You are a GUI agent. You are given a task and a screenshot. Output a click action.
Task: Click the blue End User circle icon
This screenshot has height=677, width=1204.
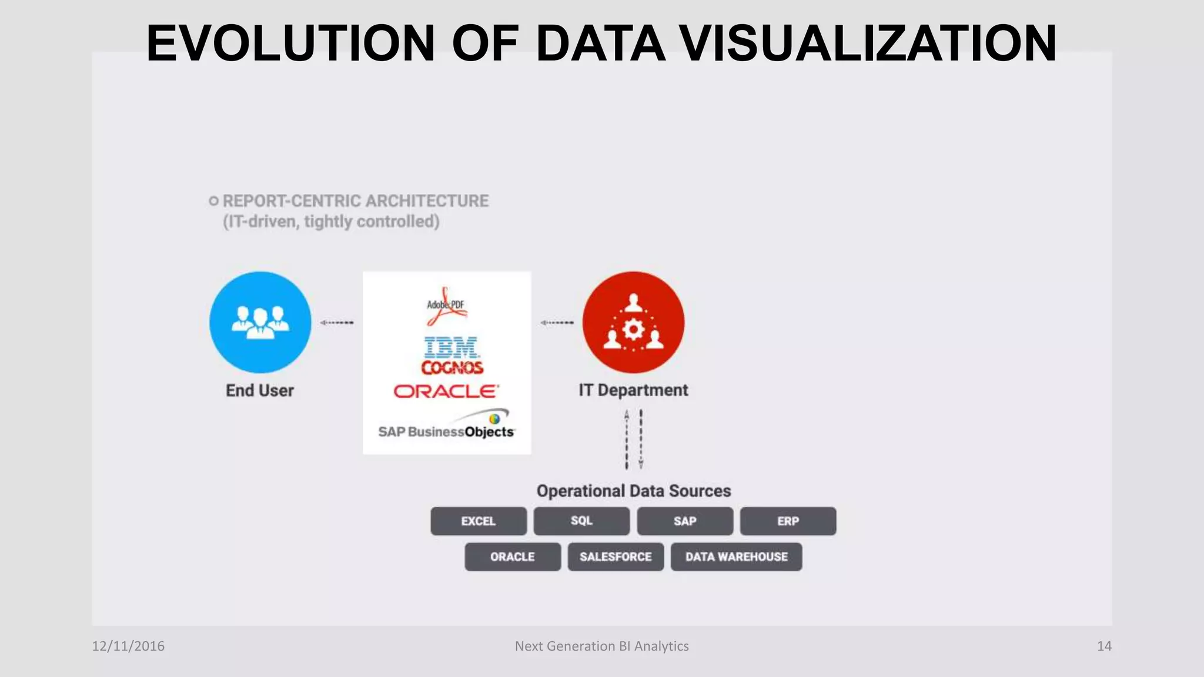point(260,322)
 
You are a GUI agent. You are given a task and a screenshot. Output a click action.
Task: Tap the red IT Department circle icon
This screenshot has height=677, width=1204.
point(633,322)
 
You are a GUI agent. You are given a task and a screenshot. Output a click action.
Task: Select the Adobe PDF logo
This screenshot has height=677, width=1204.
point(446,306)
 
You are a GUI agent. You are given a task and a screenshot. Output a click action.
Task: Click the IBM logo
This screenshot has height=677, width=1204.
point(451,347)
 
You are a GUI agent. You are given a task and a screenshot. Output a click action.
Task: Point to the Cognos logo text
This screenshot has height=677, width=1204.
point(452,368)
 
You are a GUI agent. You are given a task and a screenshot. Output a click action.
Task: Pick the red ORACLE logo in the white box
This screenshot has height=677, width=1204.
point(446,391)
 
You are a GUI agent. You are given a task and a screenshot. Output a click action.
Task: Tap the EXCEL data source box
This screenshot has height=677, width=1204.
point(478,521)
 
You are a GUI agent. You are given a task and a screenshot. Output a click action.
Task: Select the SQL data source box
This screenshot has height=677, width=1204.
point(581,521)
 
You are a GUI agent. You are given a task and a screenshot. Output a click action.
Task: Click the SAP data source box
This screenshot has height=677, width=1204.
point(685,521)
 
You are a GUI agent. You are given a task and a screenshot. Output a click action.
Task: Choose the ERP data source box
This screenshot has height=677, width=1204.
point(788,521)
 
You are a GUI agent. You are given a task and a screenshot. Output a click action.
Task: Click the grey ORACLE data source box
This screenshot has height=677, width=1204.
point(513,557)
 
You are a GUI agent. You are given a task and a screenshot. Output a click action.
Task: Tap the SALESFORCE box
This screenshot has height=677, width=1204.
point(616,557)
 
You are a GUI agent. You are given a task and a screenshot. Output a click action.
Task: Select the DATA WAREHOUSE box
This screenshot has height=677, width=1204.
point(736,557)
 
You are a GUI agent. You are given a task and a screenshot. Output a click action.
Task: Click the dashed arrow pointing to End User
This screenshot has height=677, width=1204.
point(337,323)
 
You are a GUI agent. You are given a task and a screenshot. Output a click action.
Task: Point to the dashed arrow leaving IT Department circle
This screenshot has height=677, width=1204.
point(557,323)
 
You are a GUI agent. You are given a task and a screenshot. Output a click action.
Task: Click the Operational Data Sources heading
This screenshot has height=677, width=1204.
point(633,491)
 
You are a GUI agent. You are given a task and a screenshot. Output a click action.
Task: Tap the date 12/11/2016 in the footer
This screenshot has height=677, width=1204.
point(128,646)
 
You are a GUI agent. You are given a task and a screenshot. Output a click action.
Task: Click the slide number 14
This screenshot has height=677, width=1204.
point(1104,646)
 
